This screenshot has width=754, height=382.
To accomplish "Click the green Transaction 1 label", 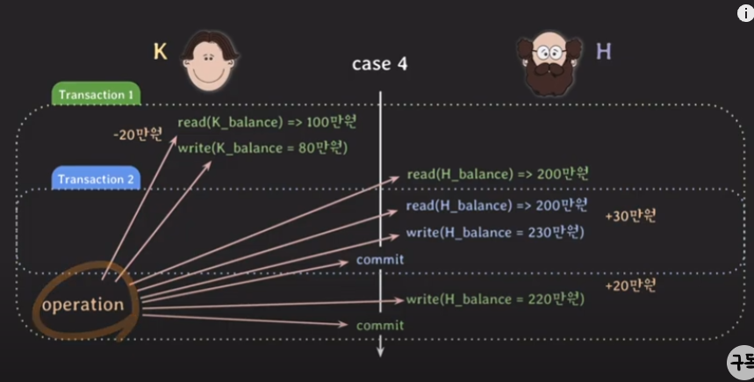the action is tap(96, 94).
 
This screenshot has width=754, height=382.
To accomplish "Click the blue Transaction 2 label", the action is tap(96, 179).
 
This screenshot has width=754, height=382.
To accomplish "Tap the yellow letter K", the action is tap(161, 52).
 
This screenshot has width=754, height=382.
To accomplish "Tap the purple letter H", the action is tap(603, 52).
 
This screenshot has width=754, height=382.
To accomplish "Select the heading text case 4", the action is tap(379, 64).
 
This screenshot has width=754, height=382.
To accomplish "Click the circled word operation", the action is tap(83, 305).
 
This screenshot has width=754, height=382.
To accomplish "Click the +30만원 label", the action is tap(630, 216).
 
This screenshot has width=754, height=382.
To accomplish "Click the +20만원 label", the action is tap(630, 286).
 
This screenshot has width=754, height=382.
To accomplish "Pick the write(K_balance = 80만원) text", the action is tap(262, 148).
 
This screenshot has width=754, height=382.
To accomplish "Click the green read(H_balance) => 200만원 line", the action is tap(496, 174).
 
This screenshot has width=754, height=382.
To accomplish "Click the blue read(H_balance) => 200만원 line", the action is tap(496, 205).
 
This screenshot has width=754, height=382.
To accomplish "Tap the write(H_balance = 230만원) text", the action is tap(494, 233).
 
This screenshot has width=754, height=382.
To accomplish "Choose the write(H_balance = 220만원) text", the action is tap(494, 299).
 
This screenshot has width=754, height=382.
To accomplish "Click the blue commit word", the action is tap(380, 259).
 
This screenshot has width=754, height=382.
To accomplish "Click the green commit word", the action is tap(380, 326).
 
